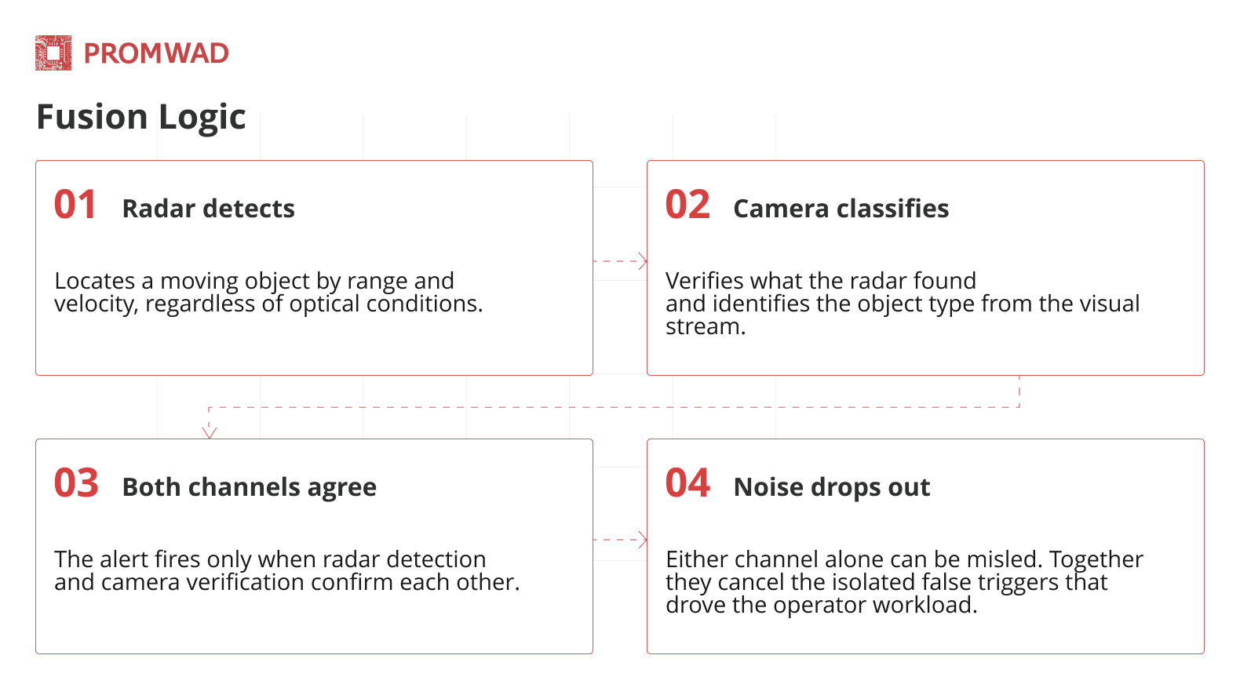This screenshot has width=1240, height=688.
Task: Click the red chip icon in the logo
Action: [53, 53]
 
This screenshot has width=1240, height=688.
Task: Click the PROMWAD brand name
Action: [156, 53]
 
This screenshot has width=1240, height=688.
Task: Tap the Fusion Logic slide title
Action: [141, 117]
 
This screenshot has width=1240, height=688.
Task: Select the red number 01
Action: [75, 205]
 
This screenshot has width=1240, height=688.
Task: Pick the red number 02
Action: [687, 205]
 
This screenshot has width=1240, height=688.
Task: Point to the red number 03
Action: [76, 483]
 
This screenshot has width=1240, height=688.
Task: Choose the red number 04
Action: [687, 483]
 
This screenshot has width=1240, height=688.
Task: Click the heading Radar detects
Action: [209, 209]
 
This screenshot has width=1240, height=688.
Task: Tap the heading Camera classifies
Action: [841, 209]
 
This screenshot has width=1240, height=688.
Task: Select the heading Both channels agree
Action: [249, 488]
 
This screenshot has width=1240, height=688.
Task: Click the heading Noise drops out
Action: [831, 487]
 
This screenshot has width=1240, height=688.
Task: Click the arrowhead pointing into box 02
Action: [644, 260]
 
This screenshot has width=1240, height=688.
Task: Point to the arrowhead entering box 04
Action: [644, 539]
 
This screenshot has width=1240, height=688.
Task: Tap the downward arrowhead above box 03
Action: [210, 433]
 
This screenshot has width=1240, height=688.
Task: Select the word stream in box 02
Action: [706, 326]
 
